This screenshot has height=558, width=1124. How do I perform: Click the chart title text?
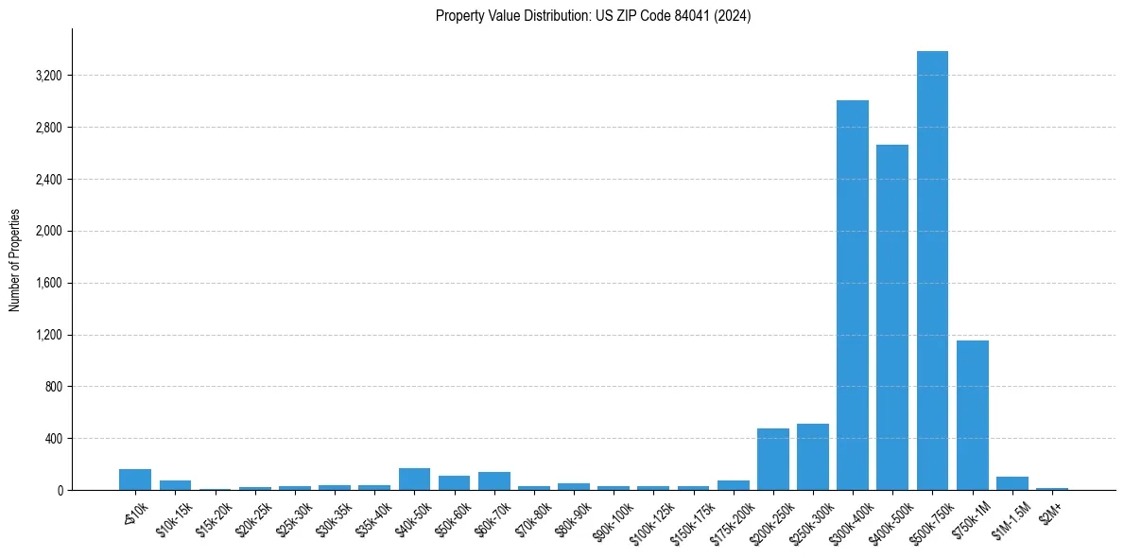593,16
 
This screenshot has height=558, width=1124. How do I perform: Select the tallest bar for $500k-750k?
932,270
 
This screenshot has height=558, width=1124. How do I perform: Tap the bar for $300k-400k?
853,295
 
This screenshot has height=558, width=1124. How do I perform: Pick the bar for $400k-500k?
892,318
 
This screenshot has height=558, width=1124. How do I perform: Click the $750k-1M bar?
972,415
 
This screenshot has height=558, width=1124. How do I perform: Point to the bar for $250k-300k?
812,458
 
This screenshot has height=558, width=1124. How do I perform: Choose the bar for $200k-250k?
772,460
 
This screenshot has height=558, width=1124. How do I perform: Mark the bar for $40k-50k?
414,480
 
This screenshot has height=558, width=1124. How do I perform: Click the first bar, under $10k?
135,480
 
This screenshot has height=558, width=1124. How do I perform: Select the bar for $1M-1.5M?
1012,483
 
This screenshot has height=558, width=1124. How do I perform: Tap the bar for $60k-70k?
494,481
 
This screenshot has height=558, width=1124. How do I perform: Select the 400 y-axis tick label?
51,439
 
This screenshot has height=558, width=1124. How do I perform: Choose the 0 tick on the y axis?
59,491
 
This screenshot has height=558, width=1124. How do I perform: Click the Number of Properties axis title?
15,259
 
